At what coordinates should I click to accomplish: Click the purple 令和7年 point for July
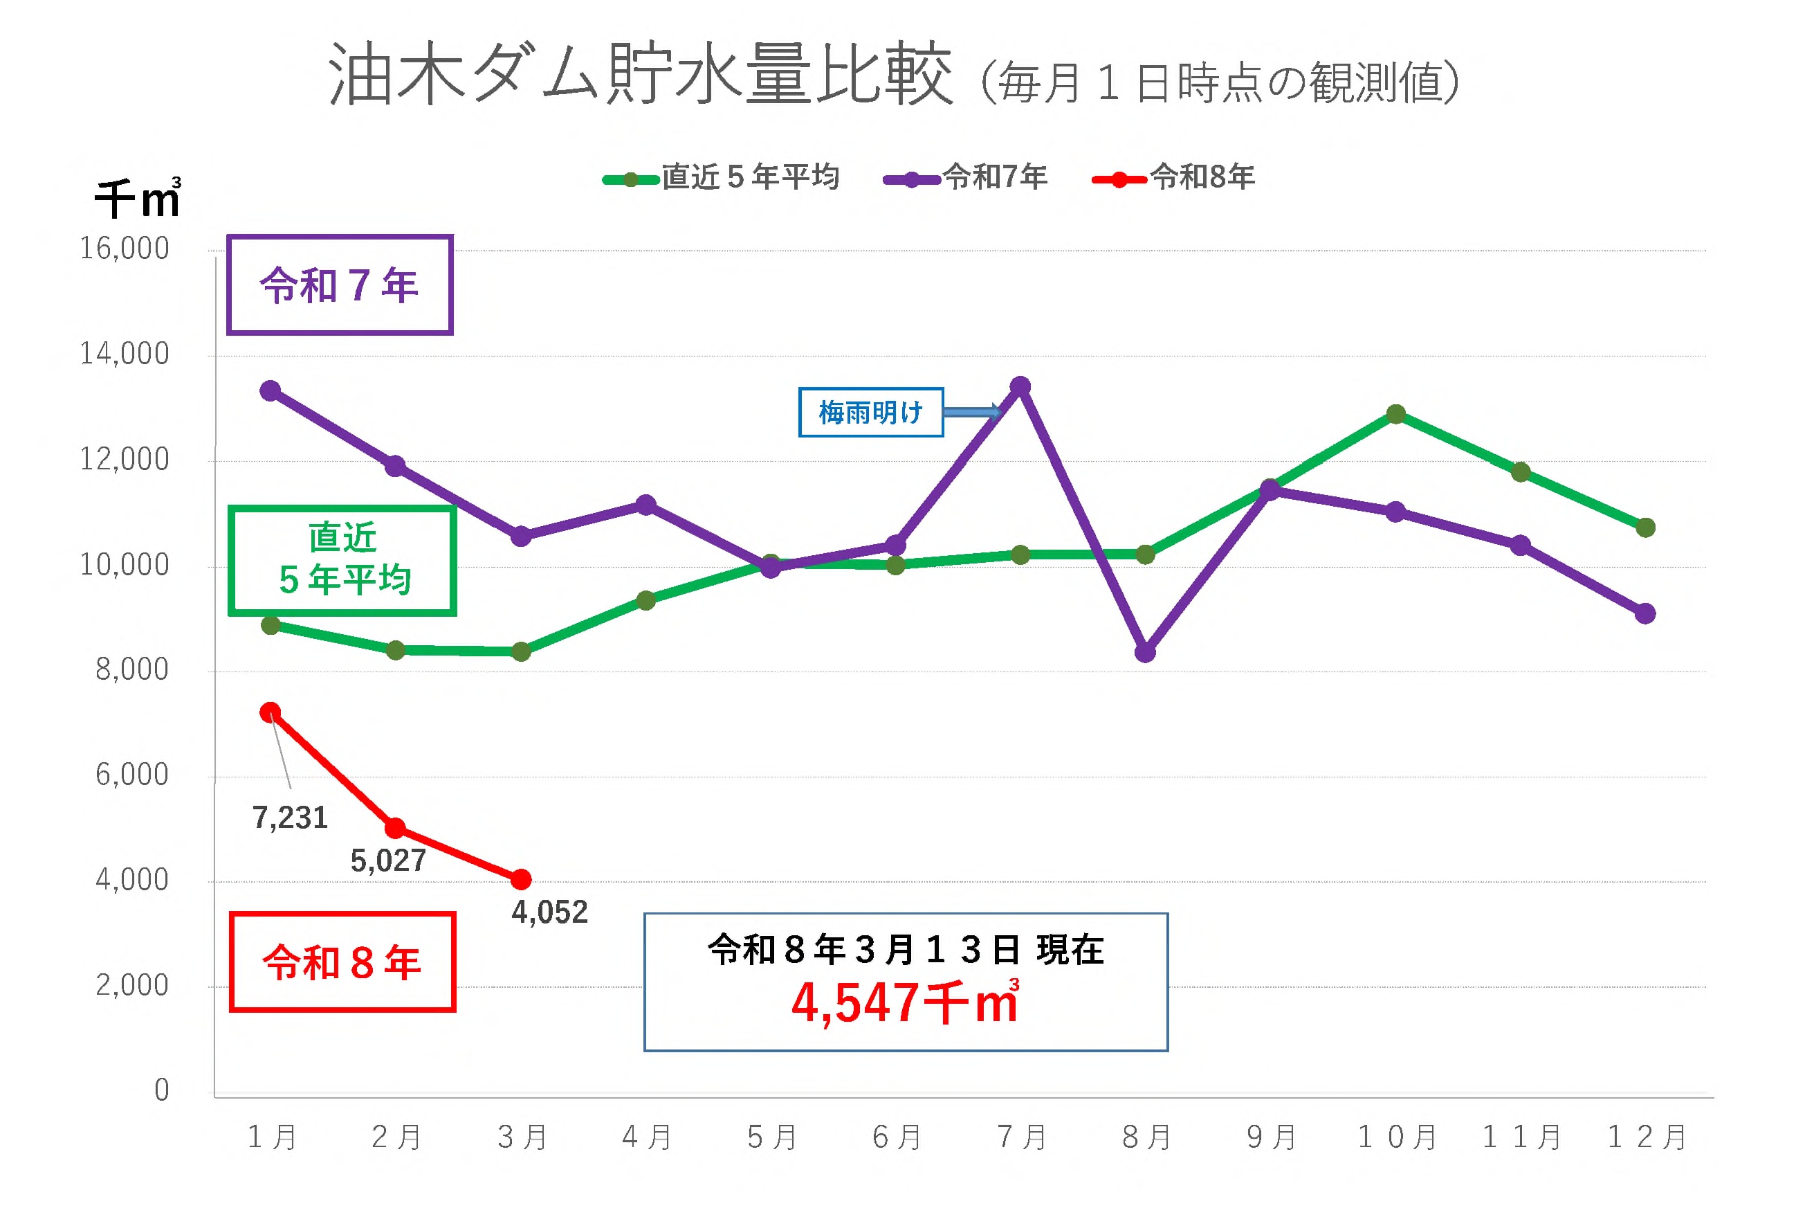(x=1020, y=386)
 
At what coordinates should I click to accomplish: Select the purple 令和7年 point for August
(x=1145, y=653)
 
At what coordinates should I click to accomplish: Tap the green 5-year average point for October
(x=1395, y=415)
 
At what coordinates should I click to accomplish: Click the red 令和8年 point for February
(x=395, y=829)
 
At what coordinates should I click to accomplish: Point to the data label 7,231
(x=290, y=818)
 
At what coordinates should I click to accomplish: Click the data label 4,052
(x=549, y=913)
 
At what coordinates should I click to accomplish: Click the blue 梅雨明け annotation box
(x=870, y=412)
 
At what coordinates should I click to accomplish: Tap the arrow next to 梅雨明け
(x=971, y=412)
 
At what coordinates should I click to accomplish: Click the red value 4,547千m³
(x=905, y=1003)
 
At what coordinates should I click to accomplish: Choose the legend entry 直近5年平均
(x=721, y=178)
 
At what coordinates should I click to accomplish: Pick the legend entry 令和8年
(x=1174, y=178)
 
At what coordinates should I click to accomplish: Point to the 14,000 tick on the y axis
(x=125, y=354)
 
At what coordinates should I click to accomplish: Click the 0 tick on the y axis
(x=161, y=1090)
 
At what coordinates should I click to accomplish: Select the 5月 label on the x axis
(x=771, y=1137)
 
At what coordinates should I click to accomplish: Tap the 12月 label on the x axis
(x=1646, y=1137)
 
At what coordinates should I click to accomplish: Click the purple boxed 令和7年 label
(x=339, y=285)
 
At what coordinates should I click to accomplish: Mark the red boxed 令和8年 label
(x=342, y=963)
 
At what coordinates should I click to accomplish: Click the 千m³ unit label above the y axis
(x=138, y=198)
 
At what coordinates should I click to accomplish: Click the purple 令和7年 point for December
(x=1645, y=613)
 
